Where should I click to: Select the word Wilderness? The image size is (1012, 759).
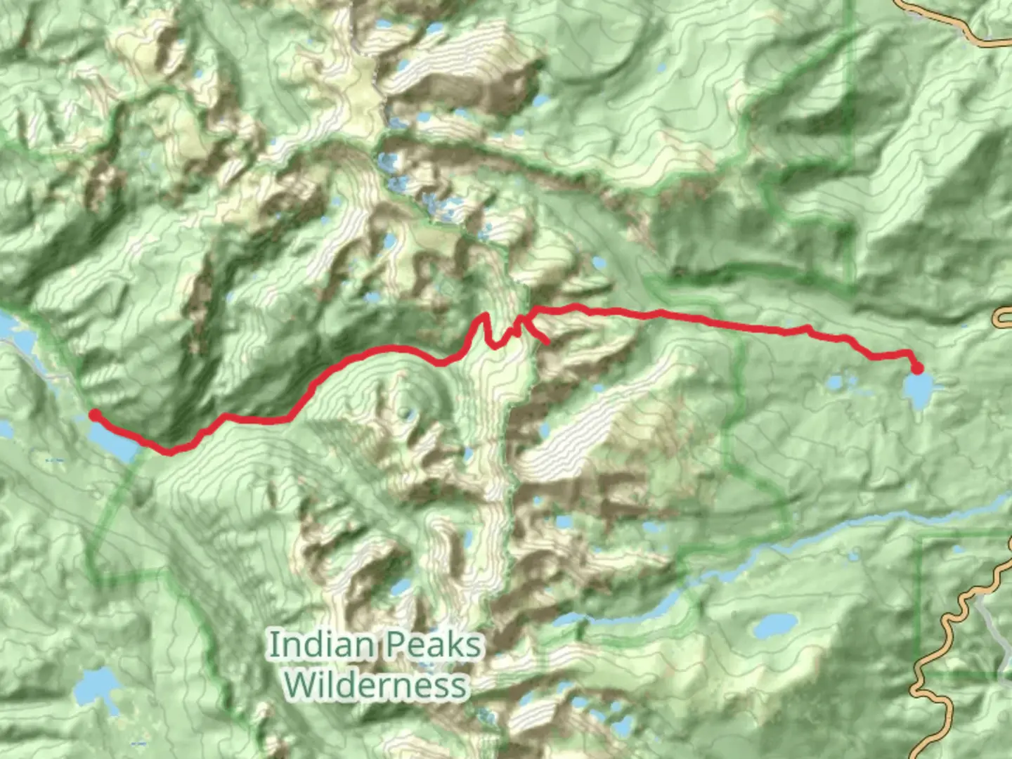point(377,684)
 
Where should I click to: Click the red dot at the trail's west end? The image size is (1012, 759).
point(93,415)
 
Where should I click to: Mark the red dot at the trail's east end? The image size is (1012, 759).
point(917,368)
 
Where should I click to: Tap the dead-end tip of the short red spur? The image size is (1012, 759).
point(547,342)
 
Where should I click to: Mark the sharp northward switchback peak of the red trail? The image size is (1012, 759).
point(484,316)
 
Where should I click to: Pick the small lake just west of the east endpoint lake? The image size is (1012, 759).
point(836,384)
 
